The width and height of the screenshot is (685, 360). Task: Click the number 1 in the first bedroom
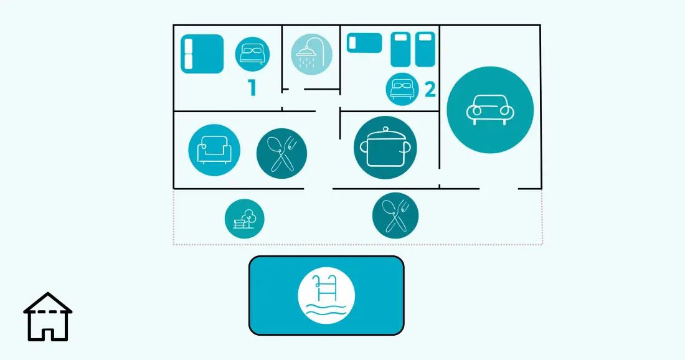coord(252,87)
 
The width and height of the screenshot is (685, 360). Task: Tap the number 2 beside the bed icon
coord(430,90)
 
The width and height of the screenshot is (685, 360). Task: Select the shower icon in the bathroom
coord(311,54)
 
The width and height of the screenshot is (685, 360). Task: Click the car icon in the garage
coord(490,110)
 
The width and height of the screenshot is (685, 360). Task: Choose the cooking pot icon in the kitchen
coord(385,147)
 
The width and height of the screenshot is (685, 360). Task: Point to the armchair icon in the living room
coord(214,150)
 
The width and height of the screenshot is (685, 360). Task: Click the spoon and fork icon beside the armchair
coord(281,153)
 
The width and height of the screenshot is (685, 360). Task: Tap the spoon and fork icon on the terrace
coord(395,216)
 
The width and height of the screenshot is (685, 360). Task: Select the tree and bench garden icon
coord(244,219)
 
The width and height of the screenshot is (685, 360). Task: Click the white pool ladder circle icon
coord(326,295)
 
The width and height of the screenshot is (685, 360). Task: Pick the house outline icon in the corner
coord(47,317)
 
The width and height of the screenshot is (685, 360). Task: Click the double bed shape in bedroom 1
coord(202,54)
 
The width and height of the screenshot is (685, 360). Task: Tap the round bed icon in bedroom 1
coord(252,54)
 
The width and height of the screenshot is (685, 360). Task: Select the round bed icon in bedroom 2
coord(402,89)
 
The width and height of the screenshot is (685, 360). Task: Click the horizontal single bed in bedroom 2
coord(364,43)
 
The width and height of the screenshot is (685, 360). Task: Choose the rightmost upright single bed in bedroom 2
coord(425,49)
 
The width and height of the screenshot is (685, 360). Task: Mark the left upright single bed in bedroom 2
coord(400,49)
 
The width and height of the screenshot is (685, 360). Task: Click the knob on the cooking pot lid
coord(385,129)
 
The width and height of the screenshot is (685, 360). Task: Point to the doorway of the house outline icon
coord(47,334)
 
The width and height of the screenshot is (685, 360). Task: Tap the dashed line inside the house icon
coord(47,313)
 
